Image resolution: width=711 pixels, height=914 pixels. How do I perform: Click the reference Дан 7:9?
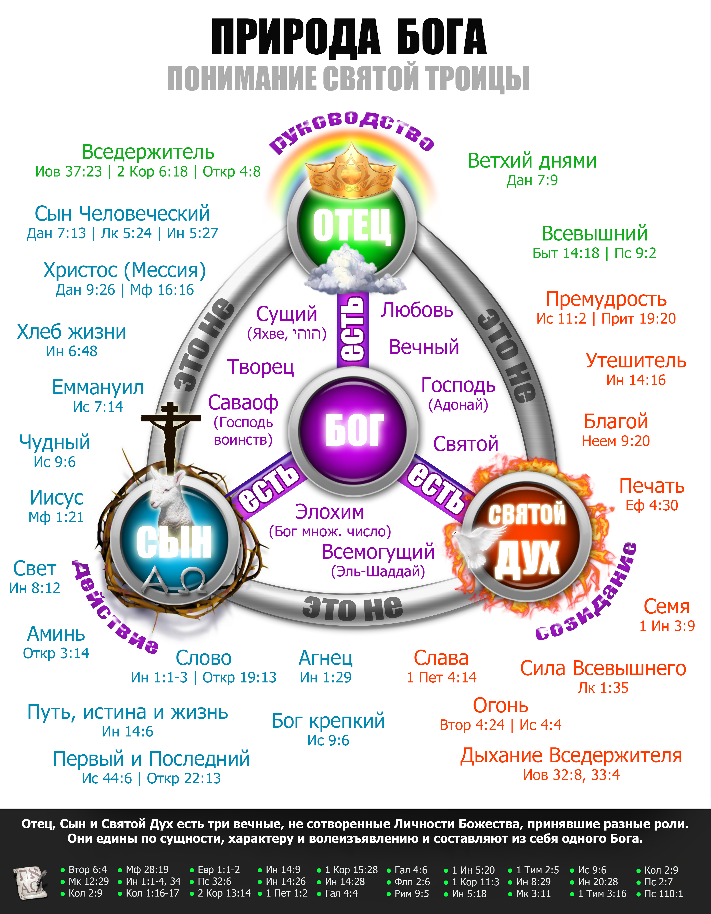pyautogui.click(x=532, y=180)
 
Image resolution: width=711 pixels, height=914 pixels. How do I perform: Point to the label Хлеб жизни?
pyautogui.click(x=72, y=332)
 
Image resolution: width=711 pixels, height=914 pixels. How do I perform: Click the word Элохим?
pyautogui.click(x=329, y=512)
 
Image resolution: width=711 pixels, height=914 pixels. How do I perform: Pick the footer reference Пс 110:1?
pyautogui.click(x=663, y=894)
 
